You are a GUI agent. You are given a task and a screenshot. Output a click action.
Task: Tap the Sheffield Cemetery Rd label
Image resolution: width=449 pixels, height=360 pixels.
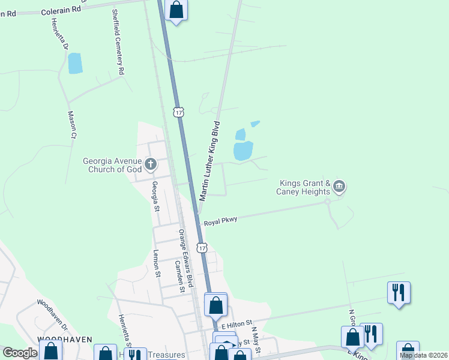118,42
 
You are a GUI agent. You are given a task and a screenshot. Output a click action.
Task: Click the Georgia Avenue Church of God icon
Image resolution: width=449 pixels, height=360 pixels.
151,163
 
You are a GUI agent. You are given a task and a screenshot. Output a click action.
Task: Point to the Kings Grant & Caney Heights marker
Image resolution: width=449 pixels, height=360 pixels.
339,186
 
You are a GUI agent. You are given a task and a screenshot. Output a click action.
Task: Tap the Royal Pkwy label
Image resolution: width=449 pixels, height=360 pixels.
220,221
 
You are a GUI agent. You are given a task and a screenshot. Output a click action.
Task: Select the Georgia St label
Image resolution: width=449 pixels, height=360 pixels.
155,196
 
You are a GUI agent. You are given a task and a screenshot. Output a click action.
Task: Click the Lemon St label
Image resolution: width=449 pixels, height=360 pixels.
157,264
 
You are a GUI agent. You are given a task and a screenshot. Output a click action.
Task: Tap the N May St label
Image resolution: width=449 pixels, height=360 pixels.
256,340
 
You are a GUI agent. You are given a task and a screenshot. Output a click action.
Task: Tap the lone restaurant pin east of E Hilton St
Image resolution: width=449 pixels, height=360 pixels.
399,293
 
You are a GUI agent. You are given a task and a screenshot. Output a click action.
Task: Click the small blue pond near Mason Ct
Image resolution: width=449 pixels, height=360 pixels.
75,63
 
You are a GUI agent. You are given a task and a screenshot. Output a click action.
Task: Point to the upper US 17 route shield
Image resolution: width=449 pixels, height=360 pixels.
178,112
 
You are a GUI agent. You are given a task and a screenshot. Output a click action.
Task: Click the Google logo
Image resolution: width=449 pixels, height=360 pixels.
20,353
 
